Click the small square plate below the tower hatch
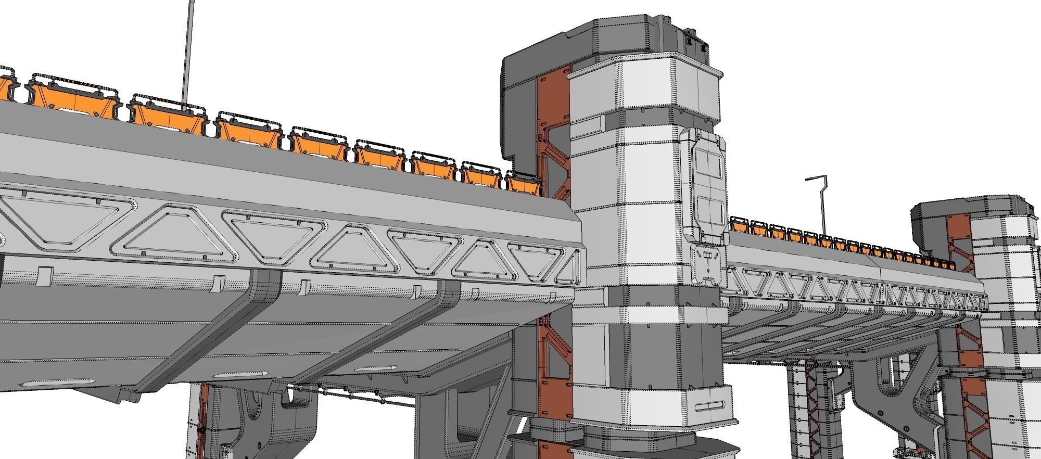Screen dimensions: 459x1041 pos(707,264)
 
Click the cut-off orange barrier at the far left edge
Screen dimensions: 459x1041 pos(5,86)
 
